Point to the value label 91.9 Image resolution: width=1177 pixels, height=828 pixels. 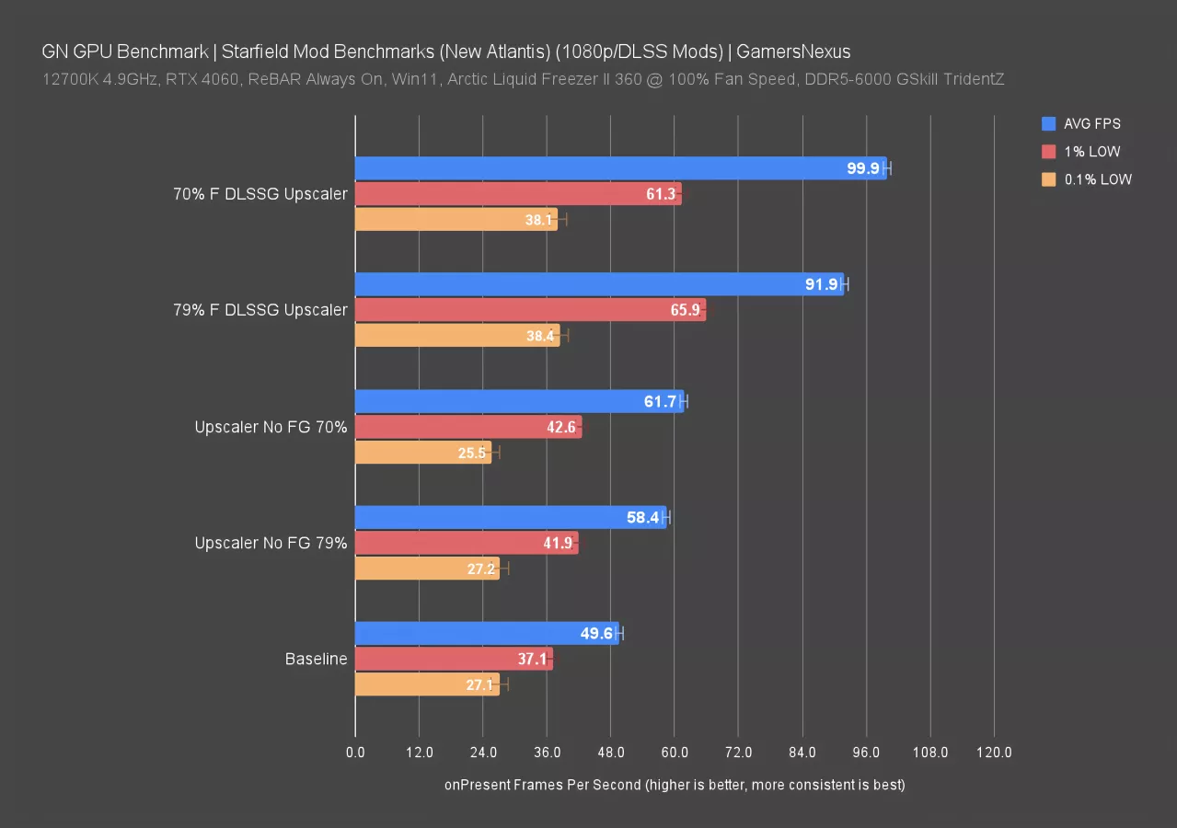pos(821,284)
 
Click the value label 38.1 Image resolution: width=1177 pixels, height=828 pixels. pos(539,220)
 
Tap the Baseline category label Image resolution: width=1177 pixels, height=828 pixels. pos(316,659)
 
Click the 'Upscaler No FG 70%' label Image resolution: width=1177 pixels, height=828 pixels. pos(271,427)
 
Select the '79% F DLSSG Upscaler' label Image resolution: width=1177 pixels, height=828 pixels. pos(260,310)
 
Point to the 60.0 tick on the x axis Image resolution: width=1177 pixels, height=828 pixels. pos(675,753)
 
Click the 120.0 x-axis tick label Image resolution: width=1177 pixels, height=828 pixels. pos(994,753)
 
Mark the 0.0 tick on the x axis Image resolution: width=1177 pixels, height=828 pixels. pos(355,753)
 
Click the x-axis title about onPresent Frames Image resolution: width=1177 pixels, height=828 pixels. pos(675,785)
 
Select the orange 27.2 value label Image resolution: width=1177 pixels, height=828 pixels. pos(481,569)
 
